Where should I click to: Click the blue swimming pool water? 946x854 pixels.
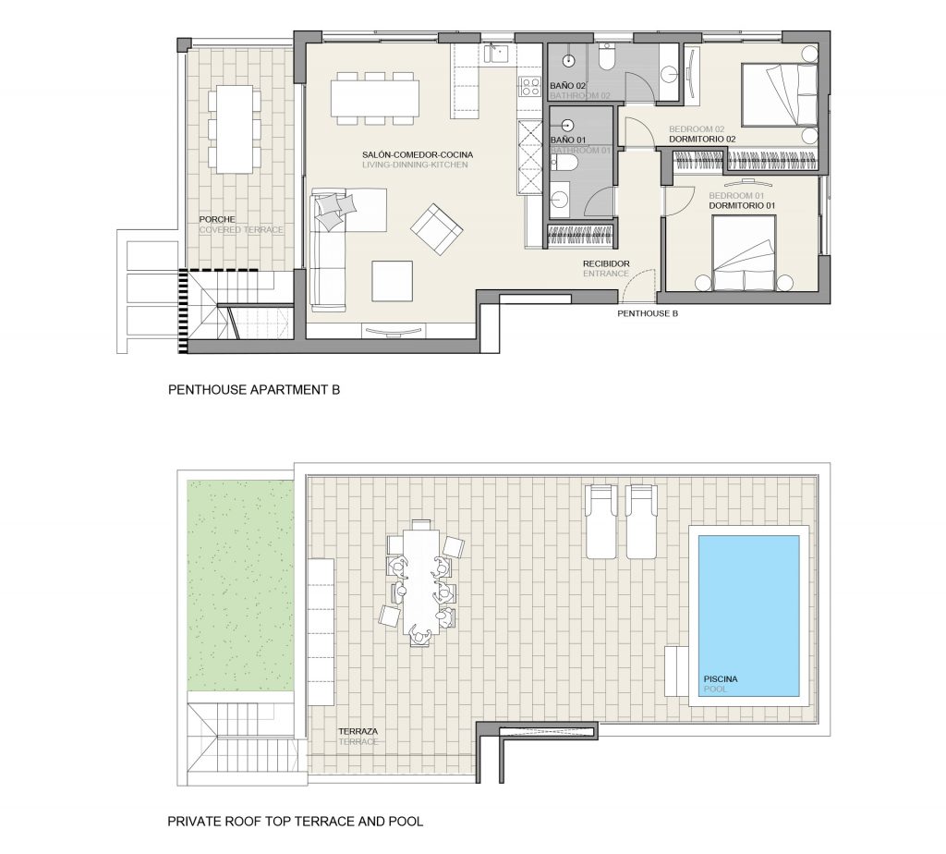pyautogui.click(x=748, y=616)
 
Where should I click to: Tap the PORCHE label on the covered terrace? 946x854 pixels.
pyautogui.click(x=217, y=220)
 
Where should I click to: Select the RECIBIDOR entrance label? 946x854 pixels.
pyautogui.click(x=606, y=263)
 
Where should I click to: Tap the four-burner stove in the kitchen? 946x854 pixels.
pyautogui.click(x=529, y=86)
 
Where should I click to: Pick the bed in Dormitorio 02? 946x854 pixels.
pyautogui.click(x=779, y=95)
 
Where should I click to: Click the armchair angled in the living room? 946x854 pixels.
pyautogui.click(x=436, y=228)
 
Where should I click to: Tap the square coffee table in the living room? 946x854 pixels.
pyautogui.click(x=392, y=281)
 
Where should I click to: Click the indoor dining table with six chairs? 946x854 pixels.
pyautogui.click(x=375, y=98)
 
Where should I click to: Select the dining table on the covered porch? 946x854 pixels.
pyautogui.click(x=235, y=129)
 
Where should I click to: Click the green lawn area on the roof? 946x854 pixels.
pyautogui.click(x=240, y=585)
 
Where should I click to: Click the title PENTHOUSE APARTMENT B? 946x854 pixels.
pyautogui.click(x=254, y=390)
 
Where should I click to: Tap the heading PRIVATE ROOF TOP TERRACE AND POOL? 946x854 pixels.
pyautogui.click(x=295, y=822)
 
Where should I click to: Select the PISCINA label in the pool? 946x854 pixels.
pyautogui.click(x=721, y=679)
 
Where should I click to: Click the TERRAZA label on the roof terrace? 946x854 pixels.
pyautogui.click(x=358, y=731)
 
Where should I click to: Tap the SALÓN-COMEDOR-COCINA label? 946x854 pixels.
pyautogui.click(x=418, y=155)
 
